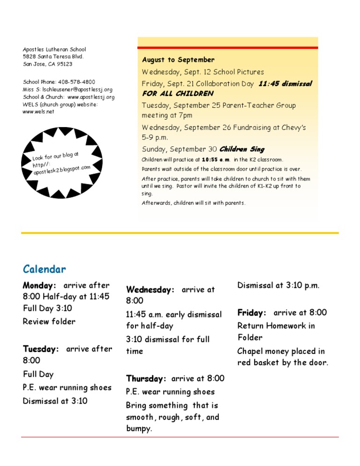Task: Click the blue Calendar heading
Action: tap(45, 269)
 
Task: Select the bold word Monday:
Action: tap(39, 285)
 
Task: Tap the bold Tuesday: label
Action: tap(41, 349)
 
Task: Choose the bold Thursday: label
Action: tap(146, 378)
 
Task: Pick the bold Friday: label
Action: tap(252, 312)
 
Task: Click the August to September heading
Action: tap(178, 60)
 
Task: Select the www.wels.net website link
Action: tap(38, 112)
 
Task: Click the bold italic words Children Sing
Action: tap(242, 150)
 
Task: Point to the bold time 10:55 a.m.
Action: tap(216, 160)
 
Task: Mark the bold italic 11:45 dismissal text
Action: tap(285, 84)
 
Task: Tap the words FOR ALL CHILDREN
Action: tap(178, 94)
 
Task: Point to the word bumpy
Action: tap(139, 429)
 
